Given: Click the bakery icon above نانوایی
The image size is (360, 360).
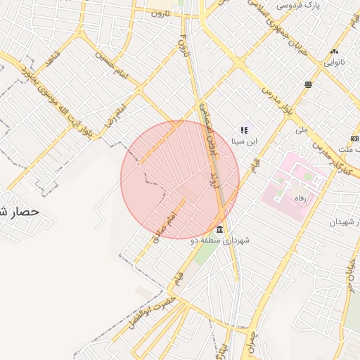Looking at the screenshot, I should (334, 51).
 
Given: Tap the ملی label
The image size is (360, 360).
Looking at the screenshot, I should (302, 129).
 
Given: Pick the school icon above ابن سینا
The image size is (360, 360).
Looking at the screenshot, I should (244, 130).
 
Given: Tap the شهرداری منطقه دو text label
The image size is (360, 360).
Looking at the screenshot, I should (220, 240).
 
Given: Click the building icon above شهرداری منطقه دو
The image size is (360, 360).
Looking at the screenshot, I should (220, 230).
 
